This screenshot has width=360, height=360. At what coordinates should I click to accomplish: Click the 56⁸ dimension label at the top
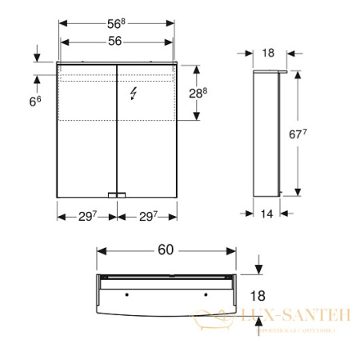pyautogui.click(x=118, y=13)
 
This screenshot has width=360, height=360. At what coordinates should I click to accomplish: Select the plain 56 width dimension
pyautogui.click(x=117, y=32)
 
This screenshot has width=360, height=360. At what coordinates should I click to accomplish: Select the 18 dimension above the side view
pyautogui.click(x=268, y=52)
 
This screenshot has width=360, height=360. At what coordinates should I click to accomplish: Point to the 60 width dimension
pyautogui.click(x=165, y=250)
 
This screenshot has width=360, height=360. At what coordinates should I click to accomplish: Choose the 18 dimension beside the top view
pyautogui.click(x=258, y=295)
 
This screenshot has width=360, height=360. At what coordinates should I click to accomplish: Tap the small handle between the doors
pyautogui.click(x=118, y=194)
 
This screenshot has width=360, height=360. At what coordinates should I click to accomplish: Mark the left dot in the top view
pyautogui.click(x=123, y=294)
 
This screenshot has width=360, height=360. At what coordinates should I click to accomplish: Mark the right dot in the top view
pyautogui.click(x=206, y=294)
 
